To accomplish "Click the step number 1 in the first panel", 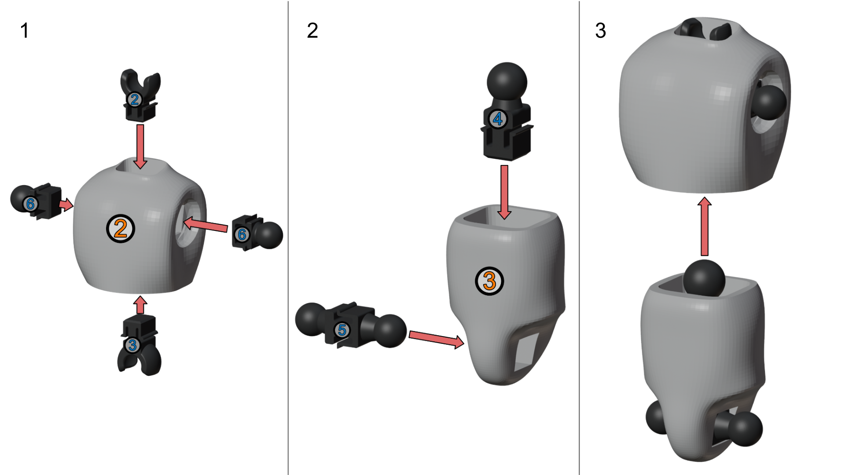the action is point(25,31).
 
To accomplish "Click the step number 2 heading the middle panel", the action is point(312,30).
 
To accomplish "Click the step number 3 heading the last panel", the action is point(601,31).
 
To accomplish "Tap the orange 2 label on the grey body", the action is point(120,229).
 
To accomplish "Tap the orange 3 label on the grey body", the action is point(489,281).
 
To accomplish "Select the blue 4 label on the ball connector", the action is point(498,119).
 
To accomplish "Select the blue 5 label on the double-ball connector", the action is point(342,330).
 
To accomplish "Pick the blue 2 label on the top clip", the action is point(134,99).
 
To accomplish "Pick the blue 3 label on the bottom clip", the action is point(132,345).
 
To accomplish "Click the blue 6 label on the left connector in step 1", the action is point(30,204).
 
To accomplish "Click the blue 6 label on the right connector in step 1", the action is point(242,234).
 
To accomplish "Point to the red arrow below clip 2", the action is point(140,146).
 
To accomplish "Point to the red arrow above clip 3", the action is point(140,304).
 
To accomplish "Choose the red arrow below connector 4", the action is point(504,192).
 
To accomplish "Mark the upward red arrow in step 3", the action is point(705,226).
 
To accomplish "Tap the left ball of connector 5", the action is point(311,319).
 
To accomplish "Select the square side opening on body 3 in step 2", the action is point(526,351).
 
